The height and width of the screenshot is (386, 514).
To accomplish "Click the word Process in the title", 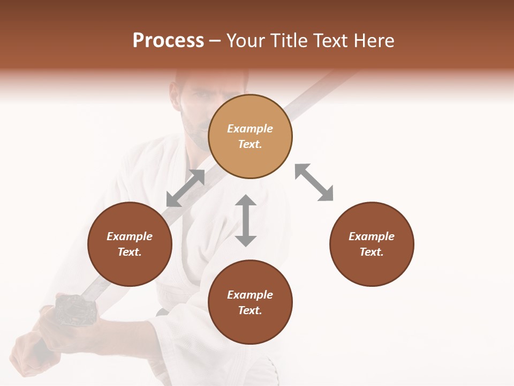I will click(168, 41).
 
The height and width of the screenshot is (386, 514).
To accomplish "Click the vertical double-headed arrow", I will click(246, 220).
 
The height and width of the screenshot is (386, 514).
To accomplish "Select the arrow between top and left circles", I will click(185, 188).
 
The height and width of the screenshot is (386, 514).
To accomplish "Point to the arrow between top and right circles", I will click(314, 182).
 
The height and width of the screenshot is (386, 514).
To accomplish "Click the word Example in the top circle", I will click(250, 129).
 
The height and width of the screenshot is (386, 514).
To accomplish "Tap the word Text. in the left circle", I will click(130, 252).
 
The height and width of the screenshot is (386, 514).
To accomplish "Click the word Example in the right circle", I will click(372, 236).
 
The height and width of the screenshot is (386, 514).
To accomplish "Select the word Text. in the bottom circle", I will click(250, 310).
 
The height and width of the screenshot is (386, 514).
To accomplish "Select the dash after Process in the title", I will click(215, 41).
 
